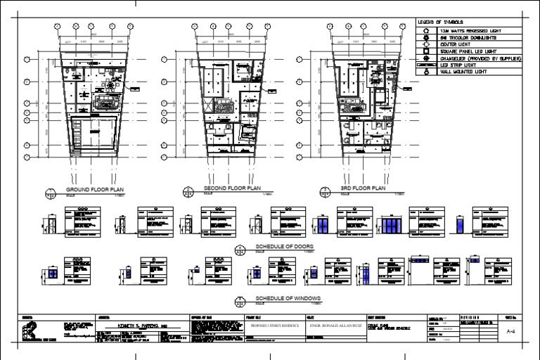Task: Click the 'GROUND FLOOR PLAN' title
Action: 94,191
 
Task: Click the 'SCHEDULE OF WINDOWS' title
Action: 287,299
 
